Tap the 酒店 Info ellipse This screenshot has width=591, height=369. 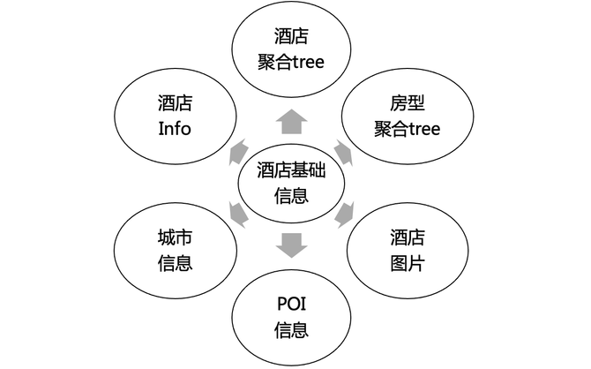click(175, 116)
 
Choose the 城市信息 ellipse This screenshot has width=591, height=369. click(175, 250)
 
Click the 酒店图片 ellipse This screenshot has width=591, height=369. click(406, 250)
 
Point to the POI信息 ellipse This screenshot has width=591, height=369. click(290, 319)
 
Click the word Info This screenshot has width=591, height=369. click(175, 129)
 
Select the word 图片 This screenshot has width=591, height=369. click(406, 263)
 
